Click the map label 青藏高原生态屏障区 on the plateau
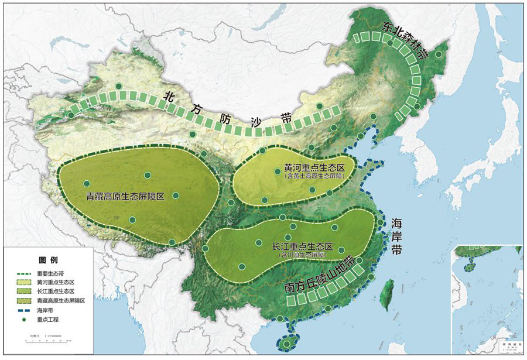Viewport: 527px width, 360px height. pos(124,197)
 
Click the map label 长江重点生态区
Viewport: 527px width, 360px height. pos(302,246)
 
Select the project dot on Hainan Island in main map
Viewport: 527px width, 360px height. pos(288,342)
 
